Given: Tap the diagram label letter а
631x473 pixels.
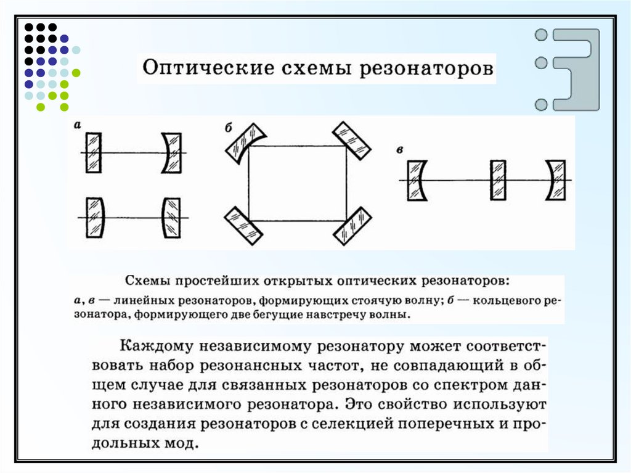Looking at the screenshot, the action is click(x=78, y=125).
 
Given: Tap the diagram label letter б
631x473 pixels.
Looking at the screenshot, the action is click(x=228, y=128).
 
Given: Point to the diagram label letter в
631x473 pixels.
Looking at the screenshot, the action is click(x=401, y=150).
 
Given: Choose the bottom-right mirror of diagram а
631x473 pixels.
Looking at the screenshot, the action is click(x=171, y=217).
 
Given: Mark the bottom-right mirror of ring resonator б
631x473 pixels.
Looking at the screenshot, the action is click(x=352, y=226).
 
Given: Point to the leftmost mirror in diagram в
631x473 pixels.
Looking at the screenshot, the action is click(x=417, y=180).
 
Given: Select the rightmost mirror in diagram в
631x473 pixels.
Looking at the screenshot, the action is click(x=555, y=180).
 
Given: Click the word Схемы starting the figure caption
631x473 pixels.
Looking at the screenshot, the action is click(x=146, y=281).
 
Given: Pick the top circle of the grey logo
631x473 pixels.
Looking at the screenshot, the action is click(x=542, y=35).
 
